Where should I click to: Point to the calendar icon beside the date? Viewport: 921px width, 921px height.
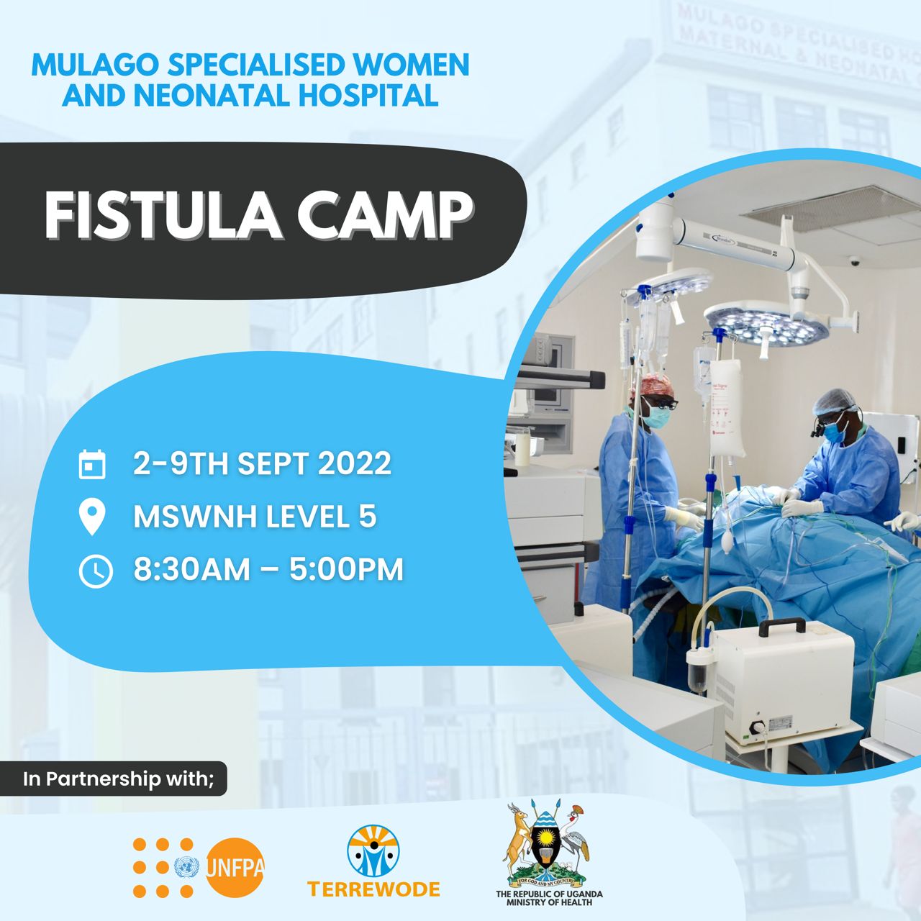pos(92,464)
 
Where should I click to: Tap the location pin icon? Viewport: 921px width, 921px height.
pos(92,517)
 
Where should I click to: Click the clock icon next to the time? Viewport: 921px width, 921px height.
pos(96,570)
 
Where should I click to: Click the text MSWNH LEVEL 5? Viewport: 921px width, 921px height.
pos(255,517)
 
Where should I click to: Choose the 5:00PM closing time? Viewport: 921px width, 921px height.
pos(346,570)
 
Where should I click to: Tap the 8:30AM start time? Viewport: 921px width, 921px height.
pos(191,570)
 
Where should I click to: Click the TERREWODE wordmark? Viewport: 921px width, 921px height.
pos(373,889)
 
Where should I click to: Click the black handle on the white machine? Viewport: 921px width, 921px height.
pos(781,627)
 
